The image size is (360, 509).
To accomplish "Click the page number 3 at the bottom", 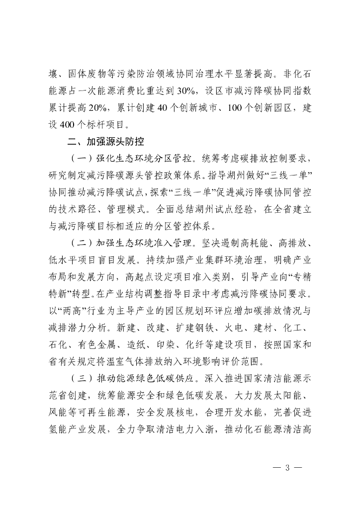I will tap(287, 468).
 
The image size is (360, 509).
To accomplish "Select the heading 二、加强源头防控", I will tap(105, 141).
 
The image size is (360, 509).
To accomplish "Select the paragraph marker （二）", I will tap(80, 245).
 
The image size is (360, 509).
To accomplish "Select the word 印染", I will tap(182, 346).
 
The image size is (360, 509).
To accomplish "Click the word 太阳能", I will tap(289, 396).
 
